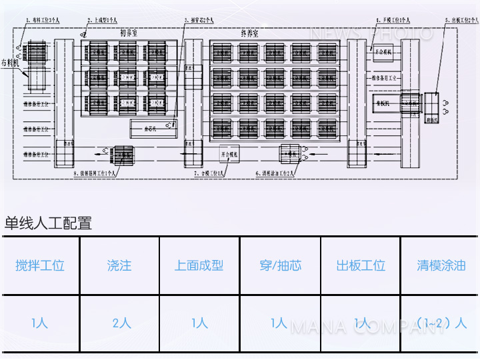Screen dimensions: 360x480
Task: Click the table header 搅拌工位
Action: click(x=40, y=265)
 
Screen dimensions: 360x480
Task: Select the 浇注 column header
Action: click(x=119, y=265)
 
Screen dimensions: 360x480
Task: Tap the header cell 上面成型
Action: click(x=199, y=265)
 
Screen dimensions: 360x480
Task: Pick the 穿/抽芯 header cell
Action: click(x=280, y=265)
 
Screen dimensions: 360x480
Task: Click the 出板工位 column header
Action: click(x=361, y=265)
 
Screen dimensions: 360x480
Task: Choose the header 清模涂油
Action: click(x=441, y=265)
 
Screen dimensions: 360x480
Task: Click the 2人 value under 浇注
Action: click(x=121, y=323)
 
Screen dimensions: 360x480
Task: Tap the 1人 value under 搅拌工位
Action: click(x=40, y=323)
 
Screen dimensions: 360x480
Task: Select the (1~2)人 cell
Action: click(x=441, y=323)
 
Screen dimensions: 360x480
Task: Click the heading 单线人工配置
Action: click(x=48, y=223)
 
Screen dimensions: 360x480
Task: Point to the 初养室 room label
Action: click(x=129, y=33)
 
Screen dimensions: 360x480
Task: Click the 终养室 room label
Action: click(x=249, y=33)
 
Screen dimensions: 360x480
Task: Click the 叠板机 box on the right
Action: click(x=383, y=103)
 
